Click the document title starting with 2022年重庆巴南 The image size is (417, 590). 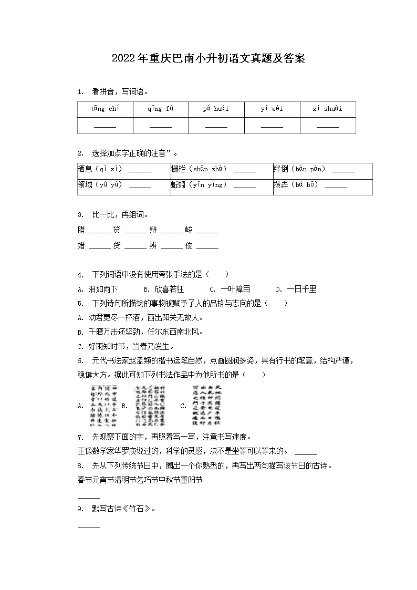click(208, 58)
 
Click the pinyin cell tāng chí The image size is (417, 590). click(105, 109)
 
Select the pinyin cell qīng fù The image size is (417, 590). click(160, 109)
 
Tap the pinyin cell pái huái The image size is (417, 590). click(216, 109)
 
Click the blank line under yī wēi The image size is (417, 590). click(272, 127)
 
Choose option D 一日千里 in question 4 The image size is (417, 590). click(297, 289)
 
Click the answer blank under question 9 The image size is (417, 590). click(88, 526)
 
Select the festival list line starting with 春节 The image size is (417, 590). click(140, 480)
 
